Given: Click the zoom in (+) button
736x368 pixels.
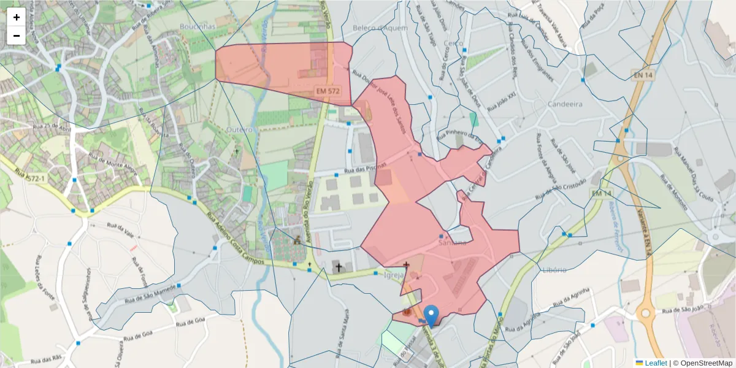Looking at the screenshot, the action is (x=17, y=17).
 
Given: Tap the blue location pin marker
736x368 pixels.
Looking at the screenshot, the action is (x=432, y=315).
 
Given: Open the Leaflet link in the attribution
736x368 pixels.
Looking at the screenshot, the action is (x=655, y=363).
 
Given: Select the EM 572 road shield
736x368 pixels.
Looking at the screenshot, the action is (x=328, y=91).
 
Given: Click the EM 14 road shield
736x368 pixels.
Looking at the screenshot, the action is (x=602, y=193).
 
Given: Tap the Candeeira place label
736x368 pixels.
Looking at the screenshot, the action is (x=565, y=104).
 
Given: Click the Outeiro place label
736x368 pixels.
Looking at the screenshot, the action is (x=239, y=130).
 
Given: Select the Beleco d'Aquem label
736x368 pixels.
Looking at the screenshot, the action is (x=376, y=28).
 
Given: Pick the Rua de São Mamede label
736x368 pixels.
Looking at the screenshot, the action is (x=150, y=293).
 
